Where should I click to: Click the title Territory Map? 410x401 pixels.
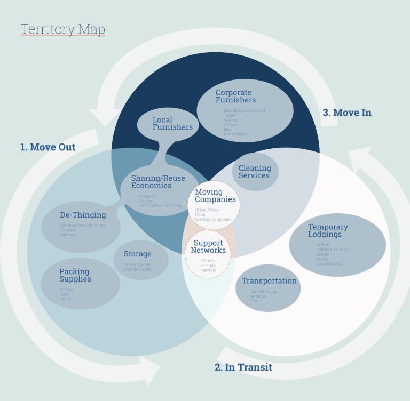[62, 29]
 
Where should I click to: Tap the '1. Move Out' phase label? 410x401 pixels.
[48, 147]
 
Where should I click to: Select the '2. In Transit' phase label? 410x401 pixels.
[243, 367]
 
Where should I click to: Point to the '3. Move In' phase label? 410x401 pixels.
[347, 113]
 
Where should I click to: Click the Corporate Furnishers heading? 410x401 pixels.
[235, 97]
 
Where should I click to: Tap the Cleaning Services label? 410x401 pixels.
[255, 172]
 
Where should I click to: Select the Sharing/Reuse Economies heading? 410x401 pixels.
[151, 182]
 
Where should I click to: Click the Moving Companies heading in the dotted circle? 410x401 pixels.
[215, 196]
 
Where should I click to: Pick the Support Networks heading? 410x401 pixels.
[208, 247]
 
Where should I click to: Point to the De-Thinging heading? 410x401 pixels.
[83, 215]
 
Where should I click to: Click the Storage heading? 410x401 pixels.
[137, 254]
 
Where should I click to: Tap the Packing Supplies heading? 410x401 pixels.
[74, 275]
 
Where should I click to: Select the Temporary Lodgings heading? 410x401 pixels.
[328, 231]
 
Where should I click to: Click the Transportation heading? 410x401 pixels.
[269, 281]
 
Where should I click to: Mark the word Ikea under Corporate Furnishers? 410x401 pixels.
[228, 129]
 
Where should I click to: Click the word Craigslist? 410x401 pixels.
[148, 196]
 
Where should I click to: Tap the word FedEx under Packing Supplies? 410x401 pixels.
[66, 299]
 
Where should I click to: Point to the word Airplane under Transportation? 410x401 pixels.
[258, 296]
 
